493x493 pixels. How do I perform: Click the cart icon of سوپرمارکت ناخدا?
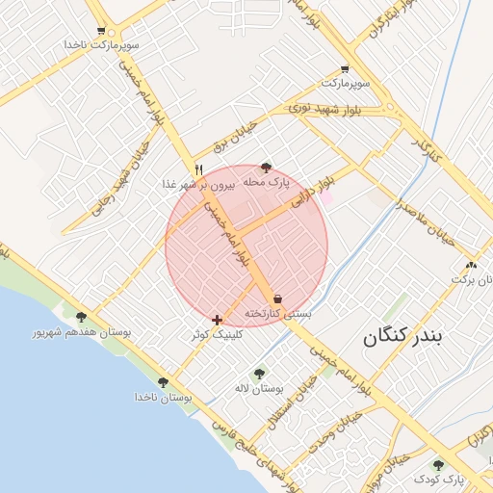pyautogui.click(x=101, y=31)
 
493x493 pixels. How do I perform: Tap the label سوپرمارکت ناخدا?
pyautogui.click(x=102, y=45)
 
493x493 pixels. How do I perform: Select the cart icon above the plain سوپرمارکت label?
pyautogui.click(x=345, y=69)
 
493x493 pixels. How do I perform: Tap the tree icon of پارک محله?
pyautogui.click(x=267, y=168)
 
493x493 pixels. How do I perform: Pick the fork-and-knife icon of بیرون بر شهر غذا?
pyautogui.click(x=198, y=169)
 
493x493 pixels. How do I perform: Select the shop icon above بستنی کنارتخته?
pyautogui.click(x=278, y=298)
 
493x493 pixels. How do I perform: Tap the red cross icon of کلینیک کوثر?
pyautogui.click(x=217, y=319)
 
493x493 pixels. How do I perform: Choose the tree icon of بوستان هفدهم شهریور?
pyautogui.click(x=81, y=317)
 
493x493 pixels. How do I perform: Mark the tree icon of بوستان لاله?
pyautogui.click(x=258, y=374)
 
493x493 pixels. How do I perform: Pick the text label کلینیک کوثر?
pyautogui.click(x=218, y=333)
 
